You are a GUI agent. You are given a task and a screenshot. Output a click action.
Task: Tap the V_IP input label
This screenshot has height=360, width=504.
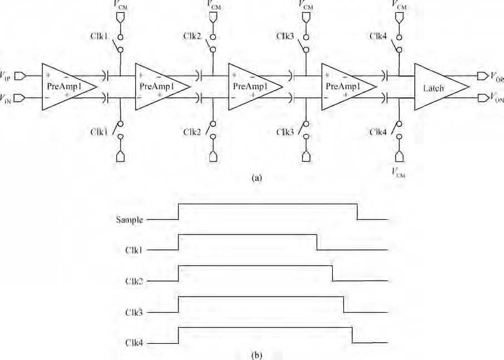tap(7, 76)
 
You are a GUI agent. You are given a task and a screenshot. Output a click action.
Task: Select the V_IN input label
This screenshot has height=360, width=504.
tap(7, 97)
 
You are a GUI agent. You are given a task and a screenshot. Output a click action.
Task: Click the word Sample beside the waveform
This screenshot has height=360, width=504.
tap(129, 220)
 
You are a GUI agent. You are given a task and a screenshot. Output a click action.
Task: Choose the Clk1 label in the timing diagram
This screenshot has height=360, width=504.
tap(134, 250)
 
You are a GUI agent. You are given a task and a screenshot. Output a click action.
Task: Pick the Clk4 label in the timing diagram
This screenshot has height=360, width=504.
tap(134, 343)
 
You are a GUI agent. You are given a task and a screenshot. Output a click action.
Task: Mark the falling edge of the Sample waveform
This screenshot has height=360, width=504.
tap(358, 212)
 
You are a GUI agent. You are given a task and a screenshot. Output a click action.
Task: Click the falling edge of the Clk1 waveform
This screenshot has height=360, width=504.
tap(317, 243)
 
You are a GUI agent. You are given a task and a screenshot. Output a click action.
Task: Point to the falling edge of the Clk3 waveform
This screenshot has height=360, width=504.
tap(344, 304)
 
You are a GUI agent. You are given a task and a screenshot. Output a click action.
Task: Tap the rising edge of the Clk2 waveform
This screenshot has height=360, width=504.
tap(179, 273)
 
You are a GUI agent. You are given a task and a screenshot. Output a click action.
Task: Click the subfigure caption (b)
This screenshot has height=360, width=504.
tap(257, 355)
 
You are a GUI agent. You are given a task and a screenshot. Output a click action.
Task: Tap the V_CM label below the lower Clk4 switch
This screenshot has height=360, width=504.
tap(399, 172)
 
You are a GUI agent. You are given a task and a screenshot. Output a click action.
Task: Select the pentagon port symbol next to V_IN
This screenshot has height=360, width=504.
tap(20, 97)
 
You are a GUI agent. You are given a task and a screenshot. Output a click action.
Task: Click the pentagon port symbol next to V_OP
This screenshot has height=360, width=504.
tap(482, 76)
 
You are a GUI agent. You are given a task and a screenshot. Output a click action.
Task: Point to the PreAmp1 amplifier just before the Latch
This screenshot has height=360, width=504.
tap(349, 87)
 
